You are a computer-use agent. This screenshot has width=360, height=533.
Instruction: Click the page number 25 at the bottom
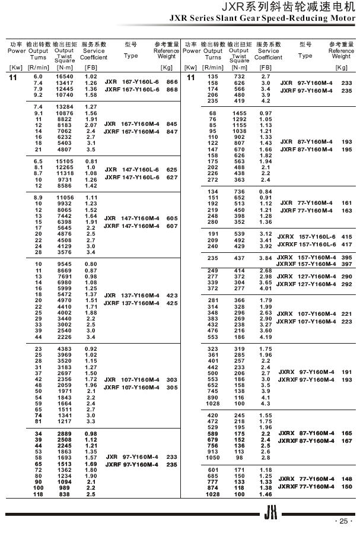(343, 521)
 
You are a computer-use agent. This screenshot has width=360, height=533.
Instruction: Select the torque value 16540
(64, 77)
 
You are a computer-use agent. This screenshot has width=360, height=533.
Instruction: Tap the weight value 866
(172, 82)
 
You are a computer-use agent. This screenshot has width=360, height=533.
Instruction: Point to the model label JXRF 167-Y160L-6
(132, 89)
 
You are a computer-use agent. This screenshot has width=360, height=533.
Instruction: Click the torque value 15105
(64, 161)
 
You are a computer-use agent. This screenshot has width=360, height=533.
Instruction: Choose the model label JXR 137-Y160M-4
(132, 295)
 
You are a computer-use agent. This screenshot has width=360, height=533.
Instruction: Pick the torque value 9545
(65, 264)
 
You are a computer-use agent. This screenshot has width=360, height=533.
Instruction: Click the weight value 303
(172, 379)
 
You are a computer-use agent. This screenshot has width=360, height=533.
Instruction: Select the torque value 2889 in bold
(64, 434)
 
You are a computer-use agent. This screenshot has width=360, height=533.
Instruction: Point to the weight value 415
(346, 236)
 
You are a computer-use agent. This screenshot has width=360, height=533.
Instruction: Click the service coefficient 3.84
(266, 258)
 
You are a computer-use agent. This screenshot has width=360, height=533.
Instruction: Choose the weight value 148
(346, 479)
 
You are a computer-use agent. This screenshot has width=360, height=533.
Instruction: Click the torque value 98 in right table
(239, 458)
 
